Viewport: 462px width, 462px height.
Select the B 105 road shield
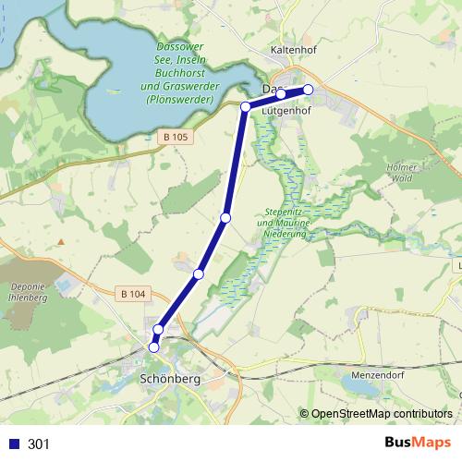pyautogui.click(x=174, y=138)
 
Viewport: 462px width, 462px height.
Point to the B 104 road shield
pyautogui.click(x=132, y=294)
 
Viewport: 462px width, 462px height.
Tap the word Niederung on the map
pyautogui.click(x=283, y=235)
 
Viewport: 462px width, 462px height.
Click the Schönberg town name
pyautogui.click(x=168, y=379)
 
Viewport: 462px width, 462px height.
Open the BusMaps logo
pyautogui.click(x=417, y=444)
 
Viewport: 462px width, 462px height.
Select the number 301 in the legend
pyautogui.click(x=39, y=444)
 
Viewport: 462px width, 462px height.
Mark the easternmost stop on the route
pyautogui.click(x=309, y=90)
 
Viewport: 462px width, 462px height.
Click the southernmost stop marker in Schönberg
pyautogui.click(x=154, y=347)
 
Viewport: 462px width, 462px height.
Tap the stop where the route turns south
pyautogui.click(x=246, y=107)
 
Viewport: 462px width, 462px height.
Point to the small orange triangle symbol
pyautogui.click(x=60, y=242)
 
